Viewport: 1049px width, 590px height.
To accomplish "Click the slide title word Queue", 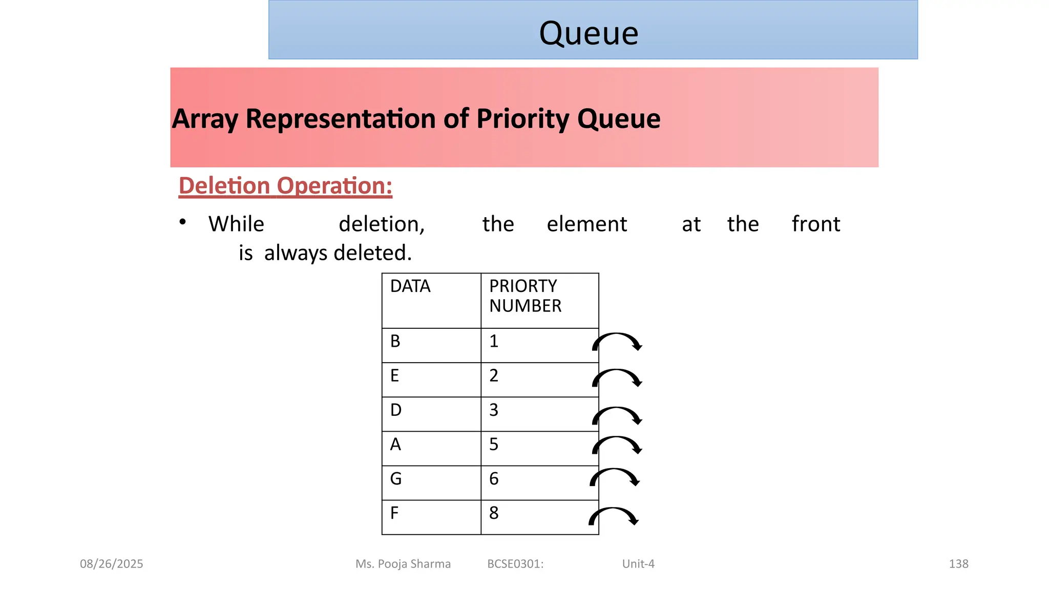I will point(589,33).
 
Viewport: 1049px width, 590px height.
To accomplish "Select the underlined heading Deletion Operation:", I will point(285,185).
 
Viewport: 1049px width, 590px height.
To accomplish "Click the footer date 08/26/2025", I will point(112,564).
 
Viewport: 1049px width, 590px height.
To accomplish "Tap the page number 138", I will point(958,564).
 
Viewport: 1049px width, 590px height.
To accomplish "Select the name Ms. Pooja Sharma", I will point(403,564).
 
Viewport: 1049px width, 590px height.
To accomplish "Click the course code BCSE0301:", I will point(515,564).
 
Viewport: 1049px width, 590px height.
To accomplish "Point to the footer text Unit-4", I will point(638,564).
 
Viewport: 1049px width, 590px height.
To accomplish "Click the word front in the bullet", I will point(815,224).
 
